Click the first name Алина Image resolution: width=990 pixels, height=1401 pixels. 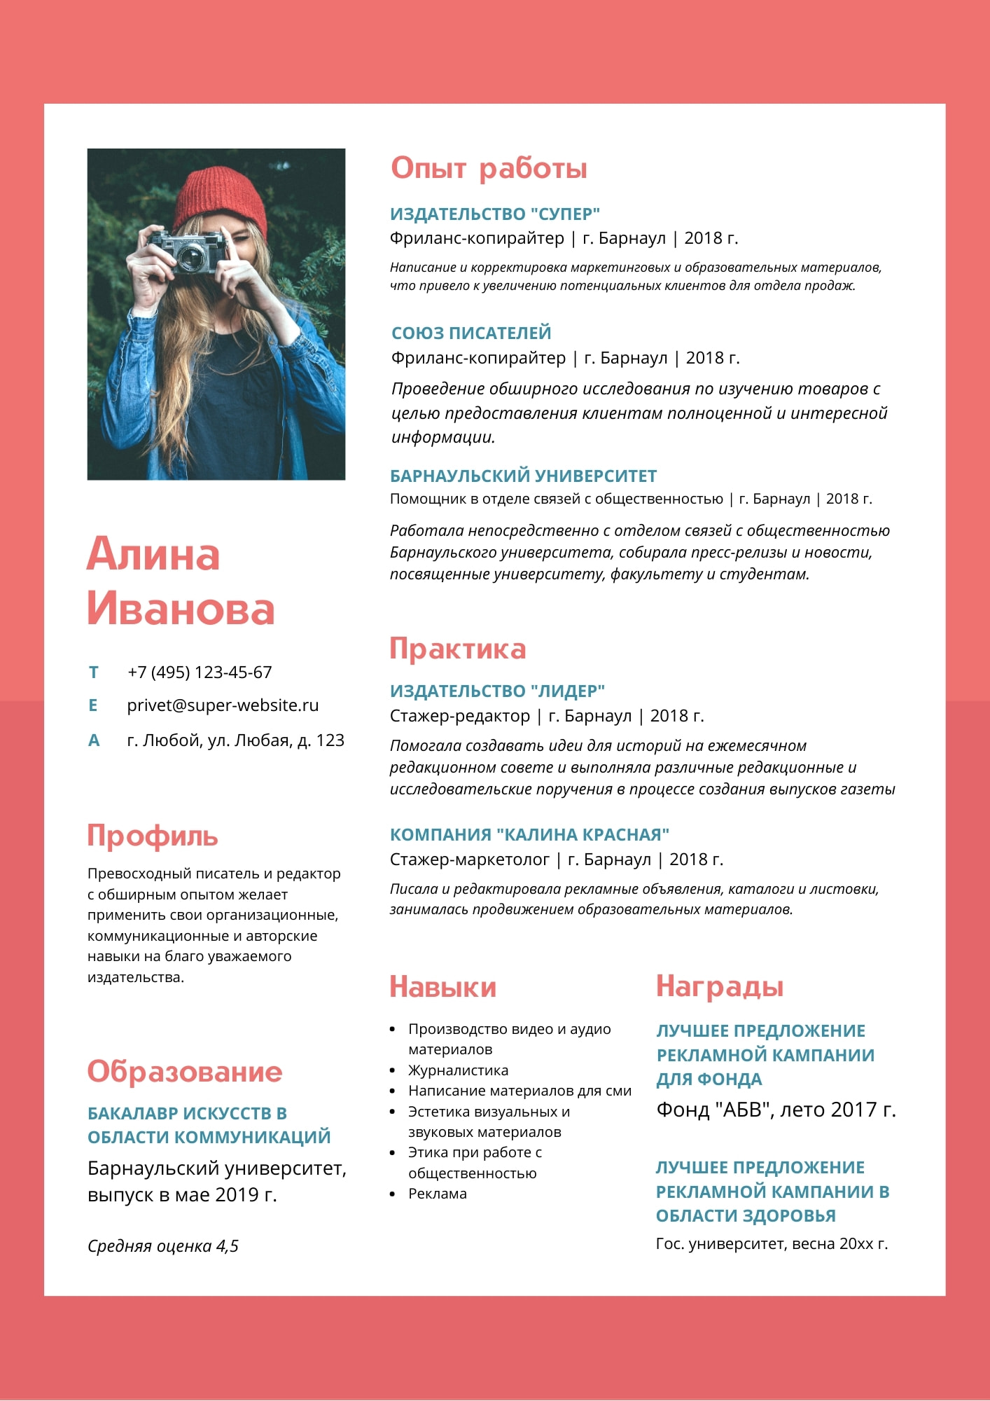click(x=153, y=554)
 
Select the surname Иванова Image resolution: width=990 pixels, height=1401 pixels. click(x=181, y=608)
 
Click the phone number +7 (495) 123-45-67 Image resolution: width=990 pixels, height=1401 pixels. click(x=200, y=672)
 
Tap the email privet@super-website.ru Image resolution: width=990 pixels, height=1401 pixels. click(x=223, y=705)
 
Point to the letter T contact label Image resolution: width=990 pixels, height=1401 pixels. click(x=93, y=672)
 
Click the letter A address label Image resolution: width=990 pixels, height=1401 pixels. click(x=94, y=740)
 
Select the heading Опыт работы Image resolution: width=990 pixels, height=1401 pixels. click(x=489, y=168)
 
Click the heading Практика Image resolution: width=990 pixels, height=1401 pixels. click(x=457, y=649)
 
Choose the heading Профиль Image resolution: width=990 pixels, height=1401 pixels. click(x=153, y=836)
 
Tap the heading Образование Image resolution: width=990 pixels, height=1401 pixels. click(x=185, y=1072)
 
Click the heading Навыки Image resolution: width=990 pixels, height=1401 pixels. click(x=442, y=987)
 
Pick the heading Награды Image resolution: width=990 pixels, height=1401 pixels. click(x=719, y=986)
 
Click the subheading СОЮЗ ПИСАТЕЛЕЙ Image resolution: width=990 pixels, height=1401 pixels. click(x=471, y=333)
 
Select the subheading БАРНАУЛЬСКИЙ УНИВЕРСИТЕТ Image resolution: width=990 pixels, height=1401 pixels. click(x=523, y=476)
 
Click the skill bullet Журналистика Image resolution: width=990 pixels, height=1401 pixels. click(x=458, y=1070)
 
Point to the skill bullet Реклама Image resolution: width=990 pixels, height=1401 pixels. click(x=437, y=1194)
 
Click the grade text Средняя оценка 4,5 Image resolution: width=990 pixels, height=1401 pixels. click(x=163, y=1246)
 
